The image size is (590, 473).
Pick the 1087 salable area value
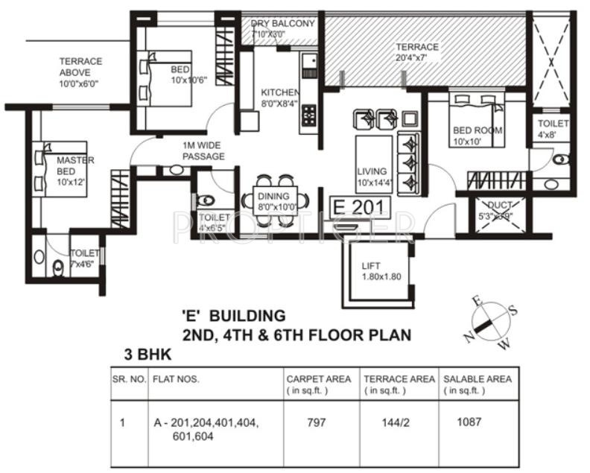[469, 422]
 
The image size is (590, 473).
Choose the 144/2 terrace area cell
[393, 422]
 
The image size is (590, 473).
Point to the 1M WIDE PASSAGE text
[203, 151]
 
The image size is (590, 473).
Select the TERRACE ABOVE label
[80, 72]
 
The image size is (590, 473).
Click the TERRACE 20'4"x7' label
[417, 52]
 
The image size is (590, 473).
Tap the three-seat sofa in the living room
[409, 162]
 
